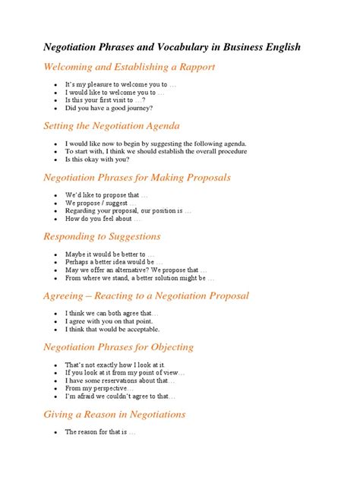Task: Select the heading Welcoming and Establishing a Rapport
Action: click(129, 67)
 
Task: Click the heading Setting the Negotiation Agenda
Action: click(111, 125)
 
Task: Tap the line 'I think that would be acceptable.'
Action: click(112, 330)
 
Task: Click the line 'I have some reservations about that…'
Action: click(121, 381)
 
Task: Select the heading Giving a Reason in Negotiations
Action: click(114, 415)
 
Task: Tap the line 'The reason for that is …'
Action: click(100, 432)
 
